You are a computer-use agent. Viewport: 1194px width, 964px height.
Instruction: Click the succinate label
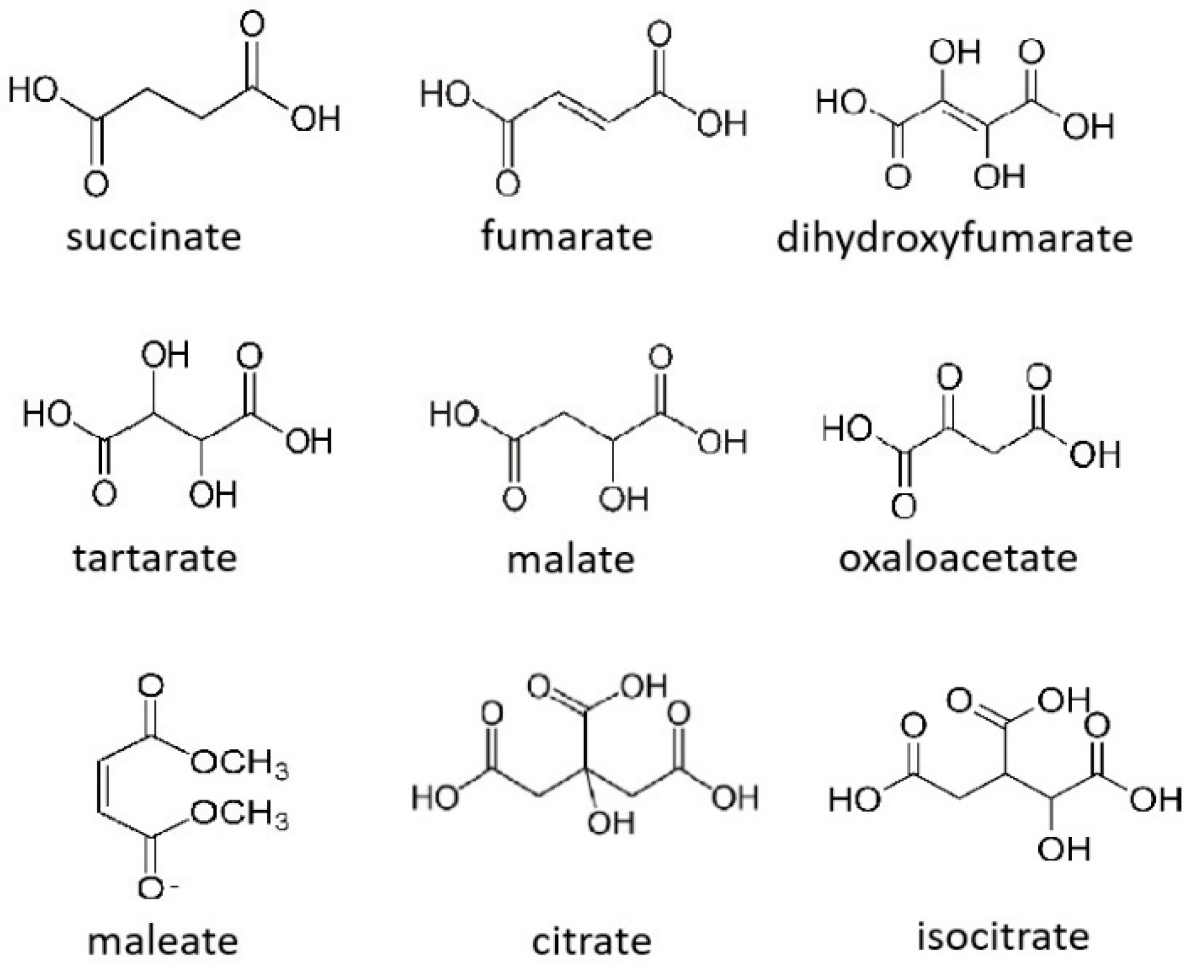153,237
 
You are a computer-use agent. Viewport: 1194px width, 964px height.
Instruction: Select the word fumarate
566,236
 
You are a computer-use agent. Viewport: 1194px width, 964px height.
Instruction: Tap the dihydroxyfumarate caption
954,239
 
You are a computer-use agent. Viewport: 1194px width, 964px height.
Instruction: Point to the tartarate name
155,558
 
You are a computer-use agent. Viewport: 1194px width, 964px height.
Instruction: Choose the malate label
571,559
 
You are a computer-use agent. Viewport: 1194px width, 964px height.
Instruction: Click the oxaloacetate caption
957,558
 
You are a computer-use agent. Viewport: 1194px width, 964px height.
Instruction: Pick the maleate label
163,941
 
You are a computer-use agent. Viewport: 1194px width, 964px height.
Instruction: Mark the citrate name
591,941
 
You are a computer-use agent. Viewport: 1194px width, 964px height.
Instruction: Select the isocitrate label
1003,936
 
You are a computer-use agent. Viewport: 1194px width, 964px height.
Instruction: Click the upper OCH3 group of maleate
240,763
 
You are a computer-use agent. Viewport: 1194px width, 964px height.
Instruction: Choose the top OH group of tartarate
164,355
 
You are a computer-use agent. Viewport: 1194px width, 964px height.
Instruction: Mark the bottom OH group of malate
623,499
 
